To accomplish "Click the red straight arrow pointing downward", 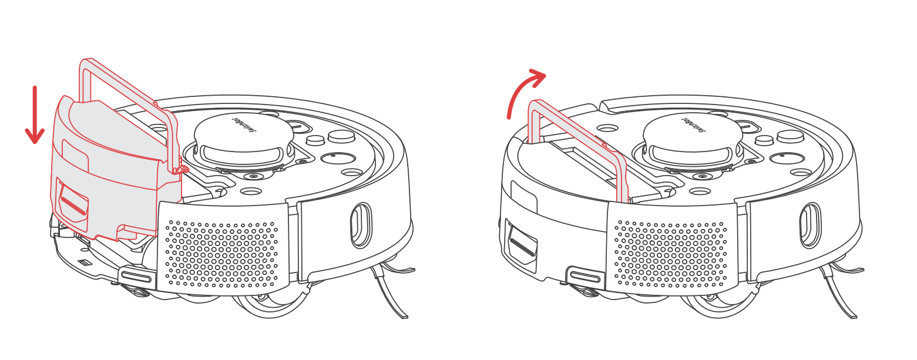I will coord(35,115).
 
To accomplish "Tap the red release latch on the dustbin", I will coord(73,203).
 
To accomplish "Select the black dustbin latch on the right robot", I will coord(522,241).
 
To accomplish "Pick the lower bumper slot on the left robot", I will coord(137,276).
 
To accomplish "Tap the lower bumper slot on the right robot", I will coord(586,276).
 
